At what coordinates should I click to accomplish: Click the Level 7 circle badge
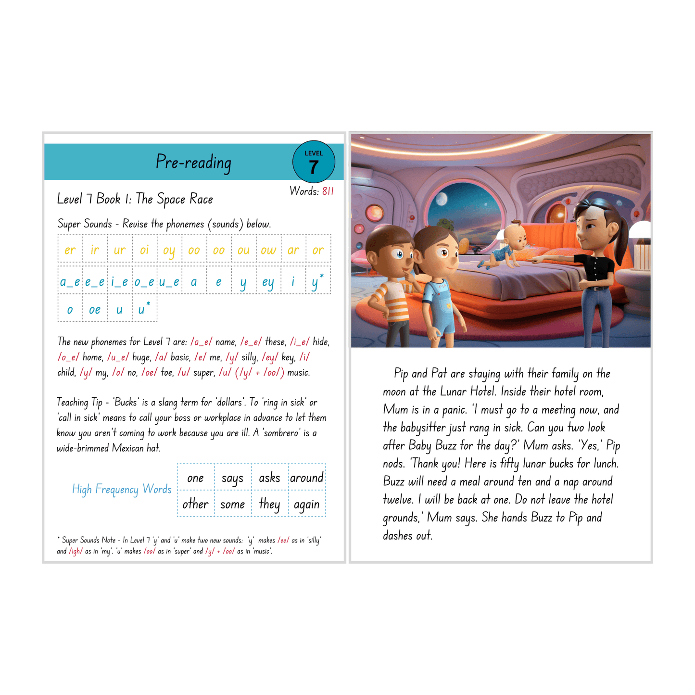314,162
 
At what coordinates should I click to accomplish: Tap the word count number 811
328,191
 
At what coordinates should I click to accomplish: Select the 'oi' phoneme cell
144,250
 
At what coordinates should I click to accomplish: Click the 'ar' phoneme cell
293,250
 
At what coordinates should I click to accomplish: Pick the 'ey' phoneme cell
268,282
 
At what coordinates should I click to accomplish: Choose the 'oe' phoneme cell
95,310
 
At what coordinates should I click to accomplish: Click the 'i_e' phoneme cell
119,282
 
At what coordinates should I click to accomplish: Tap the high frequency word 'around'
307,478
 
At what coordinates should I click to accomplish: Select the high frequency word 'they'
269,504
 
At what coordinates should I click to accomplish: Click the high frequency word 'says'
232,478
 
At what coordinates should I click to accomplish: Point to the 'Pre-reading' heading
193,163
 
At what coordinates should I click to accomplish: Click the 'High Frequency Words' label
122,489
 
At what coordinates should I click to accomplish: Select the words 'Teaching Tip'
79,403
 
